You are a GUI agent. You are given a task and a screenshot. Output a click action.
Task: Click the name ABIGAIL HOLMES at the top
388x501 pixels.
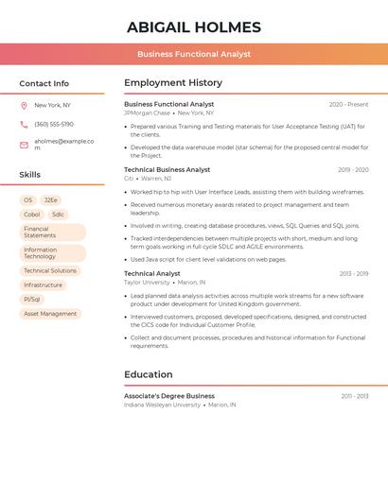(x=194, y=27)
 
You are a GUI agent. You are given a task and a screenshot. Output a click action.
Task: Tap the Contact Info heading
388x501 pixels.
(x=44, y=83)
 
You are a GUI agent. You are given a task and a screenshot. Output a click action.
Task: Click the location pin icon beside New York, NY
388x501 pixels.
(x=24, y=105)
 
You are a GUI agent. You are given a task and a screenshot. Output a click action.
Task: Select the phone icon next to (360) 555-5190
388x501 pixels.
(x=24, y=124)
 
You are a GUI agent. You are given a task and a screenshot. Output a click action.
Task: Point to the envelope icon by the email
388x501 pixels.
(x=24, y=145)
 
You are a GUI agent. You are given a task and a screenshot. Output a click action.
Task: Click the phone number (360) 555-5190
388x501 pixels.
(x=54, y=124)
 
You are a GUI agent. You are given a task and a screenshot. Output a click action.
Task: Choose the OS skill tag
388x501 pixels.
(x=28, y=200)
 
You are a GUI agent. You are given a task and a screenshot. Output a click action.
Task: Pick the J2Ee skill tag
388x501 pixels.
(x=50, y=200)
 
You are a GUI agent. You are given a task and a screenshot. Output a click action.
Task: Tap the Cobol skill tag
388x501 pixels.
(x=32, y=215)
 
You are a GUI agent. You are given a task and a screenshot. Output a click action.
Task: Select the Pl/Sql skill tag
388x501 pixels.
(x=32, y=299)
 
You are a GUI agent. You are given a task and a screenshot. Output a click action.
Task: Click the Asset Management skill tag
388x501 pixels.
(x=50, y=313)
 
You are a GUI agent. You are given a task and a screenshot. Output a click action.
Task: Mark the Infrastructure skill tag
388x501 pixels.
(x=43, y=285)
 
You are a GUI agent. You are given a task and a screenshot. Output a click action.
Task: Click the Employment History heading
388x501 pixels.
(x=173, y=83)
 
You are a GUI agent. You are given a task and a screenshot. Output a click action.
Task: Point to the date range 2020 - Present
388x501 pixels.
(x=348, y=105)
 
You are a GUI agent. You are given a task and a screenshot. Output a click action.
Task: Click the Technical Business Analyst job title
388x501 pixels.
(x=168, y=170)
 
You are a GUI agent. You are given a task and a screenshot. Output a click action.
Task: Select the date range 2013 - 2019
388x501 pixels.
(x=354, y=274)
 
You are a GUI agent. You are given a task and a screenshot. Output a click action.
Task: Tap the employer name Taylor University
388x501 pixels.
(x=147, y=283)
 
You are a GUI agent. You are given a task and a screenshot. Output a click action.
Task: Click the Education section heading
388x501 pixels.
(x=149, y=374)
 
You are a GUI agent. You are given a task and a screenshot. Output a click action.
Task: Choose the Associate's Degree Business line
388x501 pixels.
(x=169, y=396)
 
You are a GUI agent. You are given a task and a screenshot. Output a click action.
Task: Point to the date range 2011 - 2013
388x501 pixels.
(x=355, y=396)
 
